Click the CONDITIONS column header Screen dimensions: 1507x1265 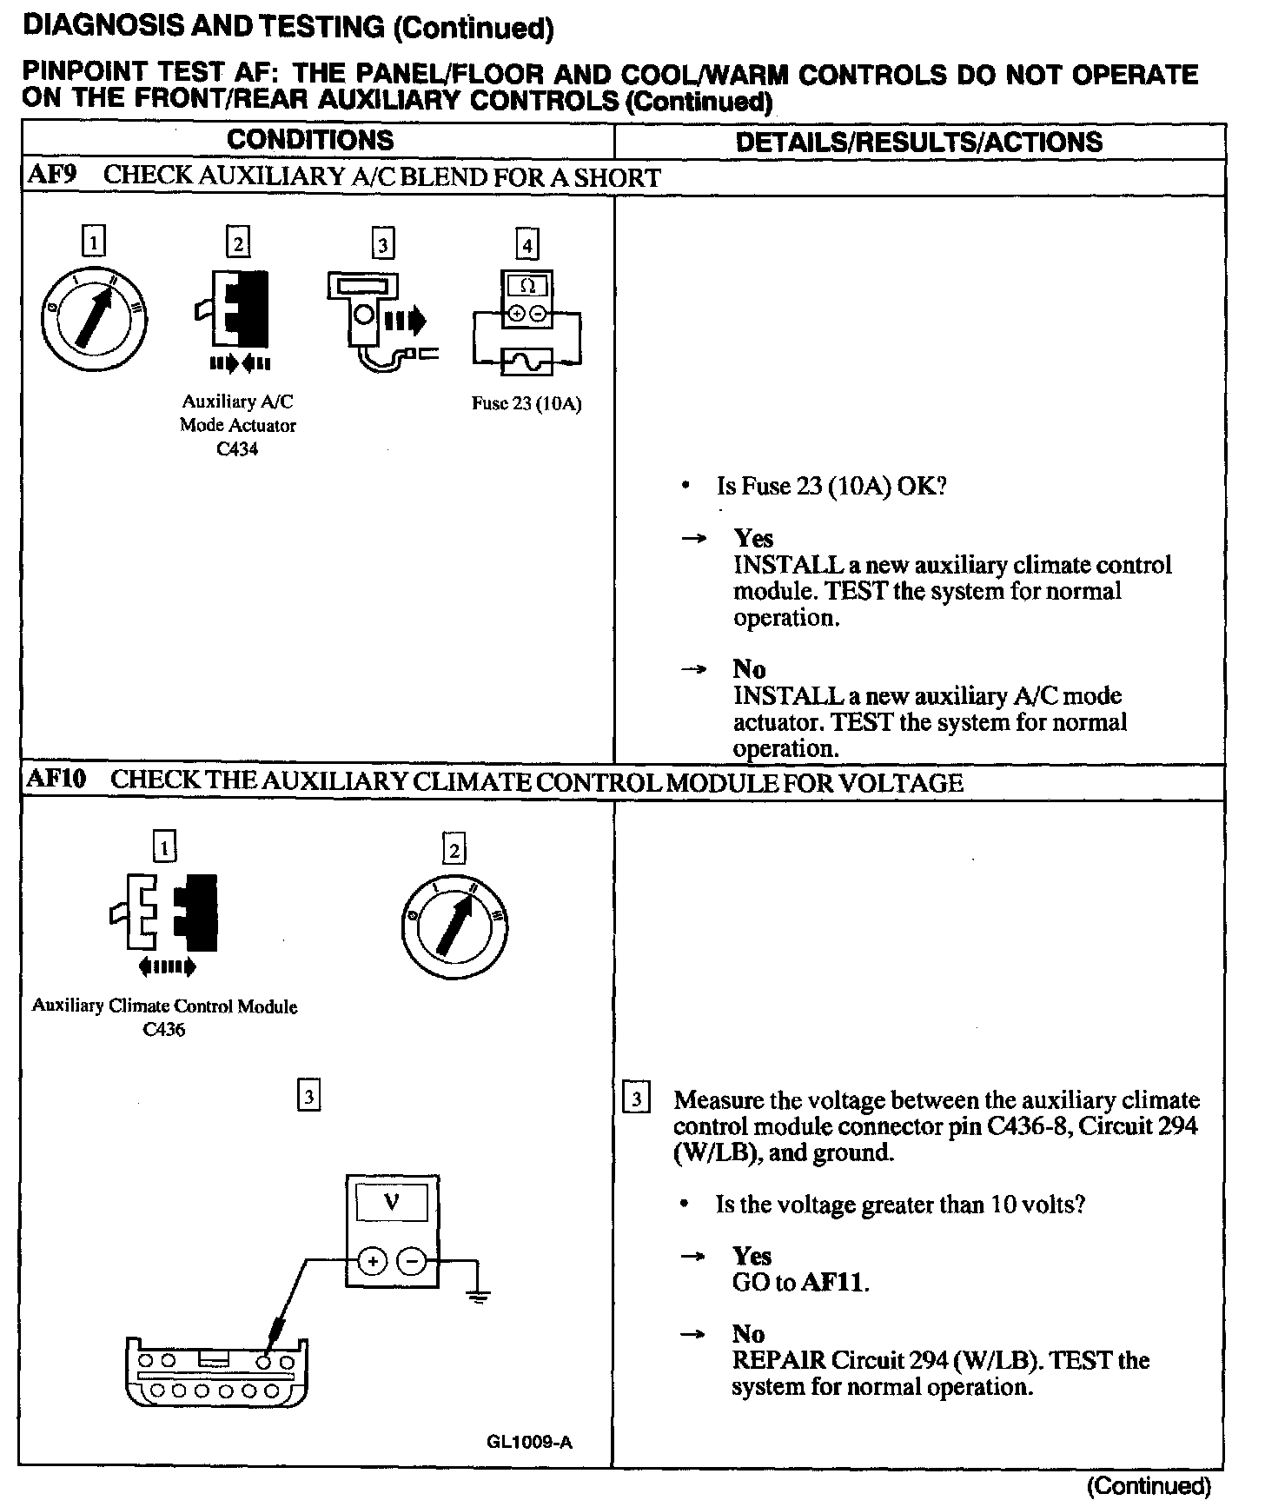point(310,141)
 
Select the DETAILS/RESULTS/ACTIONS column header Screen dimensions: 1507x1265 point(918,143)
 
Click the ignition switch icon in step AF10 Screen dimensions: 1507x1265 point(454,926)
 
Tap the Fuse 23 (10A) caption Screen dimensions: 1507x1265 point(526,403)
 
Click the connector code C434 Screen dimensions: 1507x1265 point(237,449)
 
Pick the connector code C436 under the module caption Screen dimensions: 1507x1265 point(164,1030)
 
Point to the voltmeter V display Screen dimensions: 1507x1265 point(392,1204)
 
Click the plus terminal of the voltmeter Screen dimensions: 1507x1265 point(372,1260)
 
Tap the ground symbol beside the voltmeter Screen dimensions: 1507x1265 point(477,1297)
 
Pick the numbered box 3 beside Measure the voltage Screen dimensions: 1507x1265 point(637,1099)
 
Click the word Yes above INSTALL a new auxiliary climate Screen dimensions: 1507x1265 point(752,538)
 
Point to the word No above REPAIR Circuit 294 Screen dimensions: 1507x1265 point(748,1334)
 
